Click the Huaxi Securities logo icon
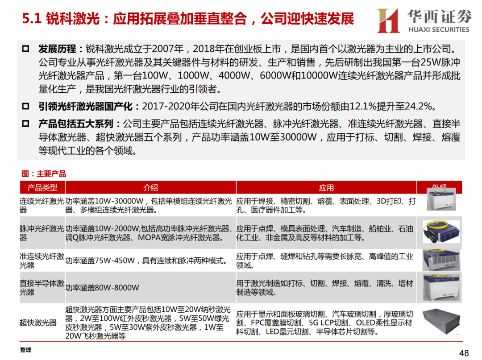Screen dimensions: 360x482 point(387,21)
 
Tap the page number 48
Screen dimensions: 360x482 point(464,353)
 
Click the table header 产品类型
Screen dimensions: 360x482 point(42,187)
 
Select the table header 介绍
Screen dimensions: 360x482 point(150,187)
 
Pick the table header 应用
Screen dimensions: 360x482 point(326,187)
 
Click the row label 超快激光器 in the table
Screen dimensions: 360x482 point(38,323)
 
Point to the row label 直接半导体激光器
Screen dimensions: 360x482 point(42,288)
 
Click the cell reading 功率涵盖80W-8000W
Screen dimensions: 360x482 point(102,288)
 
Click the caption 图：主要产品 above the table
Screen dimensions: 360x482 point(44,174)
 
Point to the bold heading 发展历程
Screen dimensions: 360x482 point(58,49)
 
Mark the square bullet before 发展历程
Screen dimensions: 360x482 point(25,49)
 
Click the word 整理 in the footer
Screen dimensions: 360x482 point(25,350)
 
